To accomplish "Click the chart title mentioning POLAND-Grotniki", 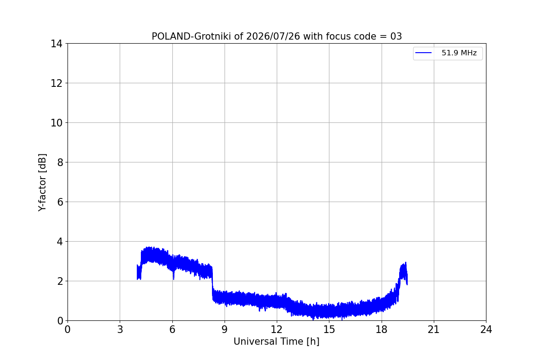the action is click(276, 36).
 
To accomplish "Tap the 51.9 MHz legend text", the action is click(459, 53).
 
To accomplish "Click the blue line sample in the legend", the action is click(423, 53).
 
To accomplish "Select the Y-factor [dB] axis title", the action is click(42, 183).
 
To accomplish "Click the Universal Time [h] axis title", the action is click(276, 342).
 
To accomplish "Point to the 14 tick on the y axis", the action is click(56, 44).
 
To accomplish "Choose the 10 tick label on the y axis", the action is click(56, 123).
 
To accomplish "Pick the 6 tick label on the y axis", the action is click(60, 202).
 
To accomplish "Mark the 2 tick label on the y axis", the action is click(60, 281).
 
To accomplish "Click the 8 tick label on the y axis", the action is click(60, 162).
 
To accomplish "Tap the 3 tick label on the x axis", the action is click(120, 329).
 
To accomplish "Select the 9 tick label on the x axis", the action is click(225, 329).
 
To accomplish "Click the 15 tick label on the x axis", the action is click(329, 329).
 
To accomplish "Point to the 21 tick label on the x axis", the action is click(434, 329).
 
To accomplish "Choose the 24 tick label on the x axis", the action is click(486, 329).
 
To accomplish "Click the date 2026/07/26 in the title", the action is click(273, 36).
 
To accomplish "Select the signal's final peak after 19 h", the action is click(406, 262).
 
